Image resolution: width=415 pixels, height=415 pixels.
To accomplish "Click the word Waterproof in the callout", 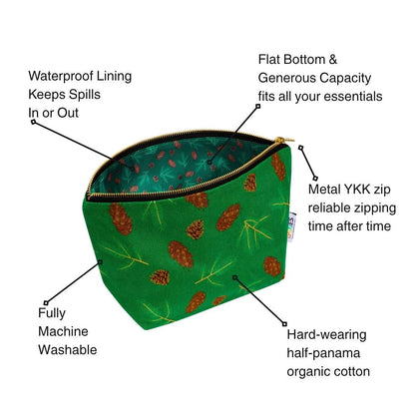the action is (x=61, y=77).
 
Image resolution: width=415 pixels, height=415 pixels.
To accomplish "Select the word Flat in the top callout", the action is (x=268, y=60).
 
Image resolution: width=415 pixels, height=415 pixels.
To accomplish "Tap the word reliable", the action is (x=329, y=207).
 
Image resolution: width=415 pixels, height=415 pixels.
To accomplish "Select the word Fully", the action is (x=52, y=313).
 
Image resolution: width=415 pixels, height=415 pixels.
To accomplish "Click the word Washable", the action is (x=68, y=350).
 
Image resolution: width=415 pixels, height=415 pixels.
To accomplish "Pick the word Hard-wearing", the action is (x=326, y=335).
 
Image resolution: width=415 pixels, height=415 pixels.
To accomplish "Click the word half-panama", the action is (x=323, y=353).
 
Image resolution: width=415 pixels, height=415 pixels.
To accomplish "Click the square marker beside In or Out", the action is (x=33, y=122).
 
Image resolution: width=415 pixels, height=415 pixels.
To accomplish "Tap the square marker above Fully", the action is (x=46, y=303).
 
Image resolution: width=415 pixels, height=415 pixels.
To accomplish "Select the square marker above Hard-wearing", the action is (x=284, y=323).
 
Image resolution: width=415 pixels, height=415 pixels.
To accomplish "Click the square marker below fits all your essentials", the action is (x=257, y=107).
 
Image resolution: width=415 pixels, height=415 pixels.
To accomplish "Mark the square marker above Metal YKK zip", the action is (x=300, y=148).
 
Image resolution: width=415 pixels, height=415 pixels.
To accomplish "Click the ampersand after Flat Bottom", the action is (x=333, y=60).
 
